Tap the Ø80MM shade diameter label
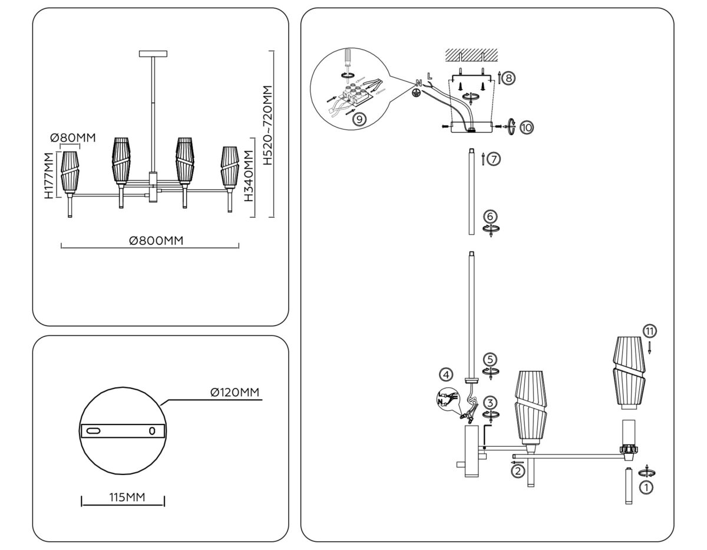click(73, 138)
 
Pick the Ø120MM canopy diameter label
click(234, 393)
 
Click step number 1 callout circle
click(646, 487)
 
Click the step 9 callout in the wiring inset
click(358, 118)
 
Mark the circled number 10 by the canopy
click(526, 126)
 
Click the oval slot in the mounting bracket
click(94, 432)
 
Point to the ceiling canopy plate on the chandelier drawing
click(153, 54)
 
